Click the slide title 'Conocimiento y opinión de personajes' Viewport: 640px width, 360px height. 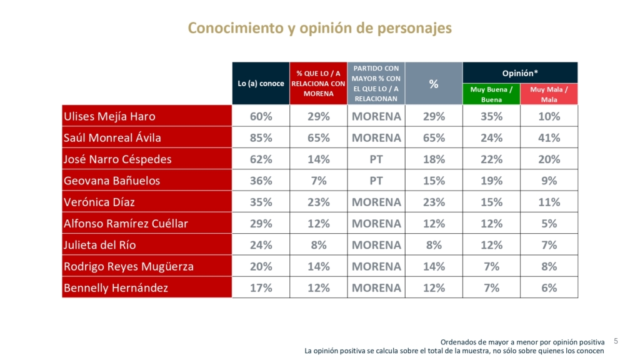[319, 28]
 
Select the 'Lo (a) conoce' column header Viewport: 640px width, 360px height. [261, 83]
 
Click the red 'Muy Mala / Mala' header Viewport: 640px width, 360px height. [549, 94]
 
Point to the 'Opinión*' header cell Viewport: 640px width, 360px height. [520, 72]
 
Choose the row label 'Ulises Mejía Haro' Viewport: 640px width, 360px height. [109, 116]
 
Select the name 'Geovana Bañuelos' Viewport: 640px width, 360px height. [112, 181]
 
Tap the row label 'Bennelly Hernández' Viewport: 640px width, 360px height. [116, 288]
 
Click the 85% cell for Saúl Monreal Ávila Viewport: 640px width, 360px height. [261, 137]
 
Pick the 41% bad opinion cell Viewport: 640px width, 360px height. [549, 137]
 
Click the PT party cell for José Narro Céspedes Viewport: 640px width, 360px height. [376, 159]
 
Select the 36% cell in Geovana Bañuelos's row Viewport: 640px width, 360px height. [261, 181]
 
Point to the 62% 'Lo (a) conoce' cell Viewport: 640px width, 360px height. [261, 159]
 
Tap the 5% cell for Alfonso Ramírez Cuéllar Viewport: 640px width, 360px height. [549, 223]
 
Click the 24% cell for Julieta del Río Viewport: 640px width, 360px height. [261, 245]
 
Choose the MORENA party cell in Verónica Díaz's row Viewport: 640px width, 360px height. [376, 202]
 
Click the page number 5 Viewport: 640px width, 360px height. [616, 341]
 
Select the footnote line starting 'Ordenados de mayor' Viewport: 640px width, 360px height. [522, 342]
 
